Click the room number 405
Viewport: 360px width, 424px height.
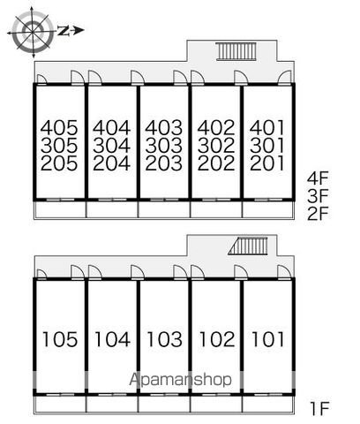[x=59, y=127]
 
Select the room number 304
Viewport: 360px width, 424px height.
[x=111, y=146]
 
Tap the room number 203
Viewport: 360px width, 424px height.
[x=164, y=163]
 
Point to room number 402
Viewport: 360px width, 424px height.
[x=216, y=127]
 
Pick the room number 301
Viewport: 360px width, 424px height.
[x=267, y=146]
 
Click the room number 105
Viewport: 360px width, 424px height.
[x=60, y=339]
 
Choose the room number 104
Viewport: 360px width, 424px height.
[x=112, y=339]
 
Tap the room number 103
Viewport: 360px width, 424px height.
[x=164, y=339]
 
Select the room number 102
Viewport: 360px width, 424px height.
[x=217, y=339]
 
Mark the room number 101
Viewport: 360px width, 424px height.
[x=267, y=339]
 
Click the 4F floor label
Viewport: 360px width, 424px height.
[x=318, y=178]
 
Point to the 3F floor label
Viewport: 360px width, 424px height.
[x=318, y=196]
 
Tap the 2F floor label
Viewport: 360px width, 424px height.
[x=318, y=215]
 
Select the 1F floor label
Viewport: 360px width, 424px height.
[x=319, y=408]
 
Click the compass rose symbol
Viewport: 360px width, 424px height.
[x=32, y=31]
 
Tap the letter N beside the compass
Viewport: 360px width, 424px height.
[x=64, y=30]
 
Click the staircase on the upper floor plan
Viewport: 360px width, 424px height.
[x=236, y=51]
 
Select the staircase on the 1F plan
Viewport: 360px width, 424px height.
[x=249, y=246]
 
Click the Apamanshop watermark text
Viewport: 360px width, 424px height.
[x=180, y=380]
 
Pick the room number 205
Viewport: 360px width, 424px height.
[x=59, y=163]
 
